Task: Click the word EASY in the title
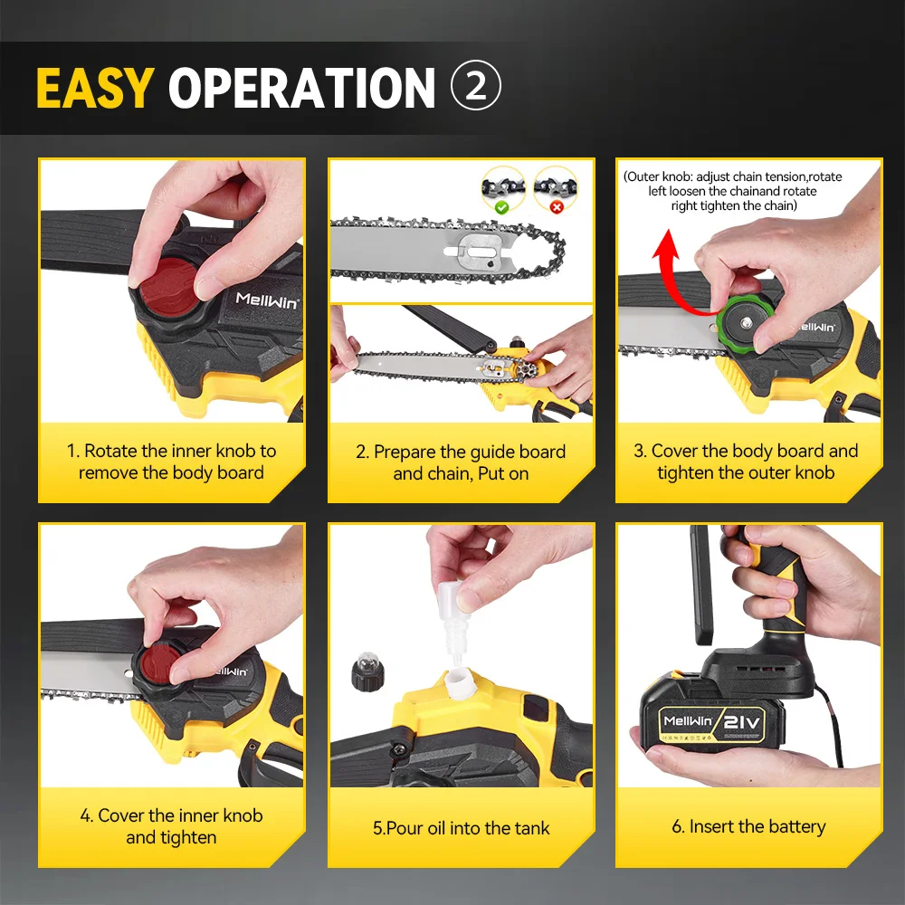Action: [x=95, y=88]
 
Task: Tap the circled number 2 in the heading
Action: [x=476, y=85]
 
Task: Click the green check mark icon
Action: [x=501, y=207]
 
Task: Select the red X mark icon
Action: [x=557, y=207]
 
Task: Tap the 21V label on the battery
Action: [x=742, y=721]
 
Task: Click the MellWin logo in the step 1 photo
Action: [x=267, y=300]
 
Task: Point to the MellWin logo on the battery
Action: [x=688, y=720]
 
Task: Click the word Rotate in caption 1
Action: [x=110, y=451]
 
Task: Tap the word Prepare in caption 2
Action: [x=405, y=452]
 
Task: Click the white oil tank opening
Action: [x=460, y=682]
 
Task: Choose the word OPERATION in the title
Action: [x=301, y=88]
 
